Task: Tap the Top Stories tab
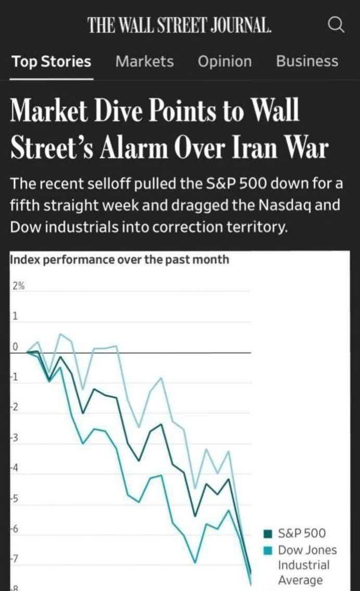[x=52, y=61]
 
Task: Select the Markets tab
[x=144, y=61]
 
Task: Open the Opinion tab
[x=225, y=61]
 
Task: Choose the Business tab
[x=307, y=61]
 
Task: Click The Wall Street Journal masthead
[x=180, y=25]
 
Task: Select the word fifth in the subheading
[x=24, y=205]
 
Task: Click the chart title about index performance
[x=119, y=259]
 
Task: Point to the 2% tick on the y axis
[x=18, y=286]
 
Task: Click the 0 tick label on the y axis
[x=15, y=347]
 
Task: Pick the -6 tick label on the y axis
[x=15, y=528]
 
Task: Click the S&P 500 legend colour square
[x=269, y=533]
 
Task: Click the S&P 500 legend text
[x=302, y=533]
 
